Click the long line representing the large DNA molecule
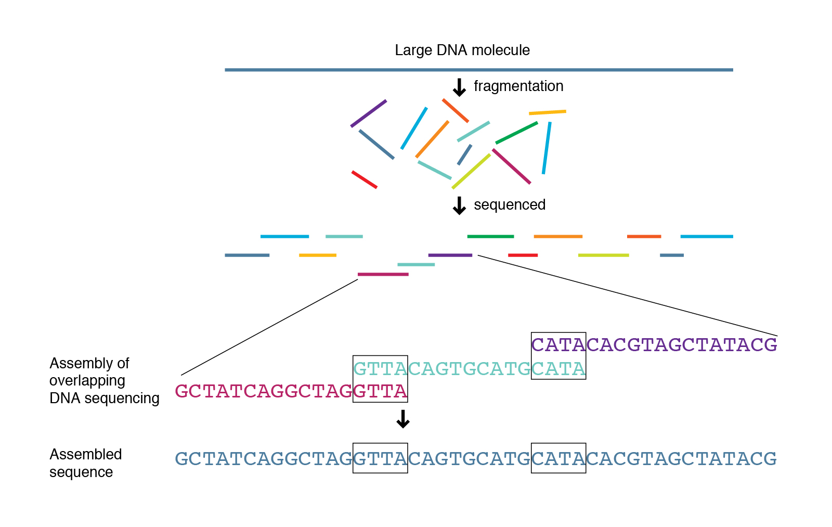click(x=478, y=70)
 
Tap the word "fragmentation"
click(x=518, y=86)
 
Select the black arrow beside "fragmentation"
click(x=459, y=87)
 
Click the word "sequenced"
click(x=510, y=205)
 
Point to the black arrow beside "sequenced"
click(x=459, y=205)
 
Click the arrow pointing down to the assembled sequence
click(x=403, y=419)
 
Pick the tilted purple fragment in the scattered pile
click(x=369, y=113)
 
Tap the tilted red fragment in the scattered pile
click(x=364, y=179)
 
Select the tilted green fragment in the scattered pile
click(x=516, y=133)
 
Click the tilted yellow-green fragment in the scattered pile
click(x=471, y=171)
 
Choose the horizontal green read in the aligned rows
click(x=490, y=237)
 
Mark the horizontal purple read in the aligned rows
click(x=450, y=255)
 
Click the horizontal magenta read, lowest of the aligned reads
click(x=383, y=274)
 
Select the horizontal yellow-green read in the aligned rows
click(x=603, y=255)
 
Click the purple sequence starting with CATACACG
click(x=654, y=345)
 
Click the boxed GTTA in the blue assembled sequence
click(x=380, y=458)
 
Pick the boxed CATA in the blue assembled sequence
click(x=558, y=458)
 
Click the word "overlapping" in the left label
click(x=87, y=381)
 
